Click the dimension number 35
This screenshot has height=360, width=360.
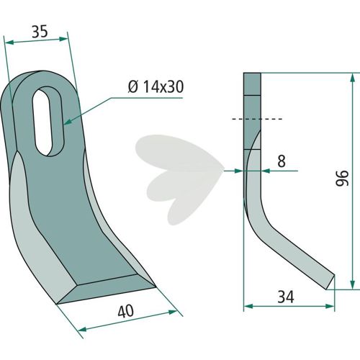tap(40, 32)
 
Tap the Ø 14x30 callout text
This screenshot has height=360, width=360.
tap(156, 87)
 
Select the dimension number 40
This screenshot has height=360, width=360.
tap(126, 312)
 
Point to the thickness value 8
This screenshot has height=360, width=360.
tap(282, 161)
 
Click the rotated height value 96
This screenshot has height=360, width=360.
tap(342, 179)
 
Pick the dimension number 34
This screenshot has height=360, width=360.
tap(286, 297)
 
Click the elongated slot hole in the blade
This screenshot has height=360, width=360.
tap(49, 122)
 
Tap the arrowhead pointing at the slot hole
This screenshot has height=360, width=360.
tap(68, 122)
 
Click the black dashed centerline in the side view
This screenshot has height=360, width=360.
tap(257, 119)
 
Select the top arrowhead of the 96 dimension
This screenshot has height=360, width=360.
tap(352, 78)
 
